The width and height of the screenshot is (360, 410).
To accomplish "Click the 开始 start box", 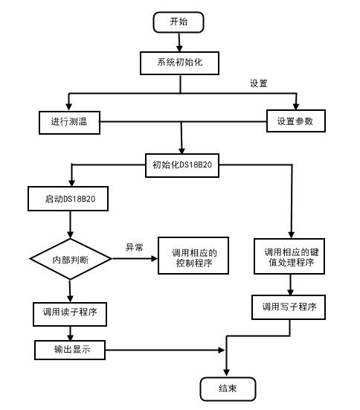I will [179, 22].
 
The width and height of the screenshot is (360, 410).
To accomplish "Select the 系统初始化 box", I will [181, 63].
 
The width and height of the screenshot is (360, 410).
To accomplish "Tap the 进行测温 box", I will [69, 121].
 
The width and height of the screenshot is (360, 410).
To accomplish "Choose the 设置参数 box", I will [297, 121].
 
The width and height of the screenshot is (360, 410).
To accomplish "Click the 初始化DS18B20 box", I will [182, 165].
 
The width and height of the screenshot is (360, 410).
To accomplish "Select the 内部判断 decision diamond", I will [71, 259].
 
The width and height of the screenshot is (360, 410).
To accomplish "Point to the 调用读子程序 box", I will [71, 314].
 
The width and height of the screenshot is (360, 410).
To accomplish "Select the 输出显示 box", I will [69, 349].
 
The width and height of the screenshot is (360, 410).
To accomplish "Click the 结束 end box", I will [228, 388].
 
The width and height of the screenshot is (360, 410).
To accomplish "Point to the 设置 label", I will [258, 83].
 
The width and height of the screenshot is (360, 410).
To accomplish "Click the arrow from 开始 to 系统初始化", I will [179, 42].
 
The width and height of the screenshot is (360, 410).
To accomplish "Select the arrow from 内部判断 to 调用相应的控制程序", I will [135, 259].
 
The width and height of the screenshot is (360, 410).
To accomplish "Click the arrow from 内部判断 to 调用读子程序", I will [70, 289].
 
